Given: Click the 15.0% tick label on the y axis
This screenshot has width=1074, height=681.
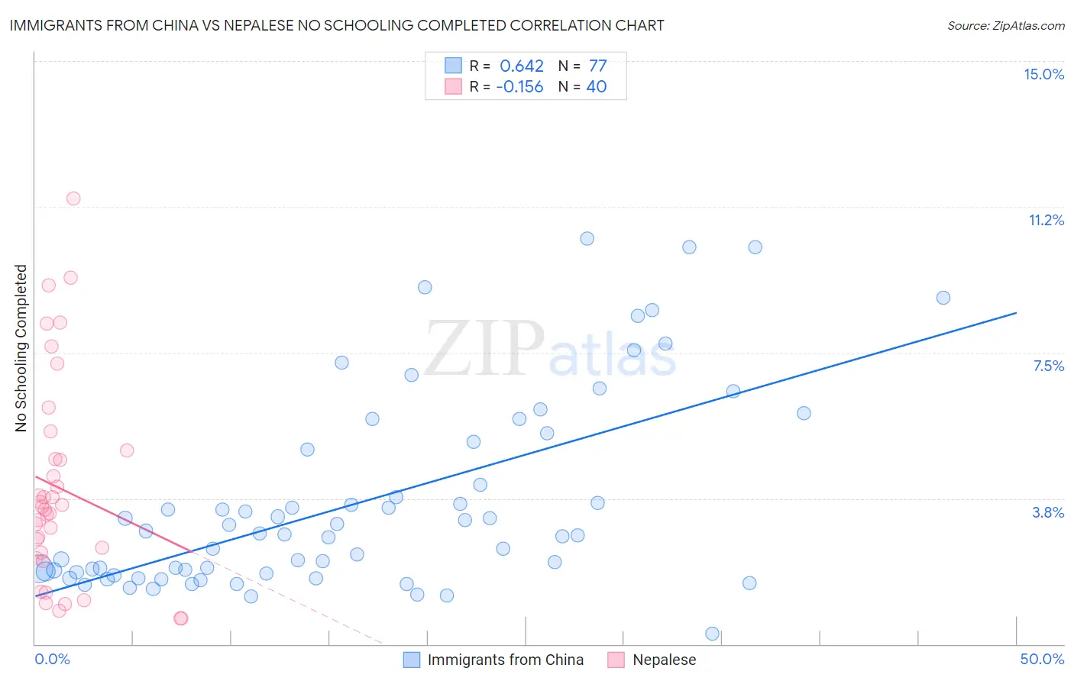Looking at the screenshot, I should tap(1043, 74).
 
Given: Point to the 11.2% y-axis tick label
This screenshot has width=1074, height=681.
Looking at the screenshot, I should tap(1046, 220).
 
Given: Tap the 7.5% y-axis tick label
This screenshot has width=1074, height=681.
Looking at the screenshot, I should tap(1048, 366).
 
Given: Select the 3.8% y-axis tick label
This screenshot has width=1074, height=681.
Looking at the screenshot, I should tap(1048, 512).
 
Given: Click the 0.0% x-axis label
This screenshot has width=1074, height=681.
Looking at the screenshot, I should tap(52, 659).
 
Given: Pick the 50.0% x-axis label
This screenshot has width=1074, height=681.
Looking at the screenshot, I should tap(1042, 659).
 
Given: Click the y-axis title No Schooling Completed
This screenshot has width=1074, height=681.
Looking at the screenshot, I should tap(21, 348).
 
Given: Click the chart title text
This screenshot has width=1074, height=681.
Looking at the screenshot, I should tap(337, 25).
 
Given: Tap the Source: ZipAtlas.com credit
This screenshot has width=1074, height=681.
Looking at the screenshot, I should tap(1005, 25).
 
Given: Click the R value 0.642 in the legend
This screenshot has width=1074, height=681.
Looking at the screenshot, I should tap(522, 66).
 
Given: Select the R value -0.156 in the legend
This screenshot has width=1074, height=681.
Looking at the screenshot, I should tap(519, 87).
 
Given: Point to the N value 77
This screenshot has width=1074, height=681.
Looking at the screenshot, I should tap(597, 66).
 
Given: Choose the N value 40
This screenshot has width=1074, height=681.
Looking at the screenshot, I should tap(596, 87).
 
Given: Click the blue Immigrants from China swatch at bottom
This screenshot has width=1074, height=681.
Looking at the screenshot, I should tap(412, 660).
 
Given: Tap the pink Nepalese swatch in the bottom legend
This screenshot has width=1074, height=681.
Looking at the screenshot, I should tap(616, 660).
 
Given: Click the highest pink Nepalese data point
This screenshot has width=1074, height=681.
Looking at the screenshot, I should tap(73, 198).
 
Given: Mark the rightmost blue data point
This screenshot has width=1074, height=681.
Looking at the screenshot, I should tap(943, 298).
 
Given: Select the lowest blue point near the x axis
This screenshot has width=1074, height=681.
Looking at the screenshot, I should tap(713, 634).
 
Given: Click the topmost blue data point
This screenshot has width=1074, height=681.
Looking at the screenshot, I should tap(587, 238).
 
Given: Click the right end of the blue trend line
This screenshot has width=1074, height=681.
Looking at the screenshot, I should tap(1016, 312).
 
